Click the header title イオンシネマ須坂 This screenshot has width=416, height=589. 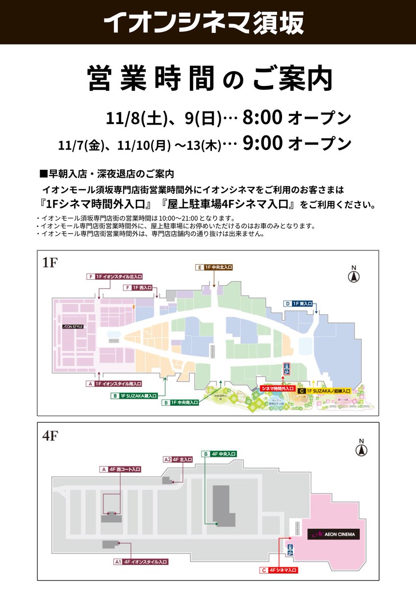204,22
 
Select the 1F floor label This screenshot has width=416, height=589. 50,263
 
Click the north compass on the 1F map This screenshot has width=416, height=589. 352,275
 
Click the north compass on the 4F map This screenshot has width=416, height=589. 362,448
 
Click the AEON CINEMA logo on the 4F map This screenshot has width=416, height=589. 334,534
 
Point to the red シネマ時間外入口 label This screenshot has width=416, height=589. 278,388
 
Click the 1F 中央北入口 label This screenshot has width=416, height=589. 214,268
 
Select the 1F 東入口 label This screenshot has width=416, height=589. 299,304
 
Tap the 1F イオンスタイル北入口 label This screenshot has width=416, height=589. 115,276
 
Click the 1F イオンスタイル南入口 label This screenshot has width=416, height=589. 114,383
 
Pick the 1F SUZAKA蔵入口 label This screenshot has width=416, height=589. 134,395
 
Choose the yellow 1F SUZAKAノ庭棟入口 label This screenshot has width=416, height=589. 324,391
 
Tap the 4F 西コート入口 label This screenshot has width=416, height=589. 120,469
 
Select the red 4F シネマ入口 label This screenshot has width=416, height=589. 279,570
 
